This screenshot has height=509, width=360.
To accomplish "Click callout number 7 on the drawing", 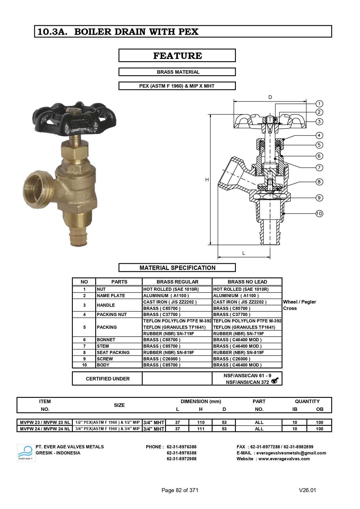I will pyautogui.click(x=319, y=167).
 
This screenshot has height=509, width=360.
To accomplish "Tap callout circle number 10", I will pyautogui.click(x=319, y=214).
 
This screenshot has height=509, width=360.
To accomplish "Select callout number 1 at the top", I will pyautogui.click(x=319, y=104).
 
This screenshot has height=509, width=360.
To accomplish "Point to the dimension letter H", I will pyautogui.click(x=207, y=180).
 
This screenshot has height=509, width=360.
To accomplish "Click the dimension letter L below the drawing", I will pyautogui.click(x=244, y=253).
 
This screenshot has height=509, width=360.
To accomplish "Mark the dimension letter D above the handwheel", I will pyautogui.click(x=270, y=97).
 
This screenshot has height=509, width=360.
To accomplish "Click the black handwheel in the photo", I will pyautogui.click(x=74, y=119).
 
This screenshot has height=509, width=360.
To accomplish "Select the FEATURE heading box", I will pyautogui.click(x=177, y=55).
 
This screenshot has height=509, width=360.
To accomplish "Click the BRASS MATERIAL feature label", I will pyautogui.click(x=177, y=72).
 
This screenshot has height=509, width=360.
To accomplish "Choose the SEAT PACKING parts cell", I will pyautogui.click(x=113, y=352).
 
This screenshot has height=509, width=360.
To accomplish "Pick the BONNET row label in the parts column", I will pyautogui.click(x=106, y=340).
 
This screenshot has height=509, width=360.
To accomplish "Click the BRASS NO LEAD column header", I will pyautogui.click(x=247, y=282).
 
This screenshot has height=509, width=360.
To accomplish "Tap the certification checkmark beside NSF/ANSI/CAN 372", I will pyautogui.click(x=275, y=381).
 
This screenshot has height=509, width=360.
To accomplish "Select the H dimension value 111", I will pyautogui.click(x=201, y=429).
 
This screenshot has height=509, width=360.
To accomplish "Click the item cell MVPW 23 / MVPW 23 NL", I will pyautogui.click(x=45, y=423).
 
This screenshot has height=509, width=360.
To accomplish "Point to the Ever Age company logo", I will pyautogui.click(x=26, y=453).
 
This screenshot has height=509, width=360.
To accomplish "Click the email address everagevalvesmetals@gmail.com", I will pyautogui.click(x=291, y=453).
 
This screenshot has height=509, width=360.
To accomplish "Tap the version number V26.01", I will pyautogui.click(x=307, y=490).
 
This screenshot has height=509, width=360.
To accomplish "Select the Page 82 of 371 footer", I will pyautogui.click(x=180, y=490).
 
